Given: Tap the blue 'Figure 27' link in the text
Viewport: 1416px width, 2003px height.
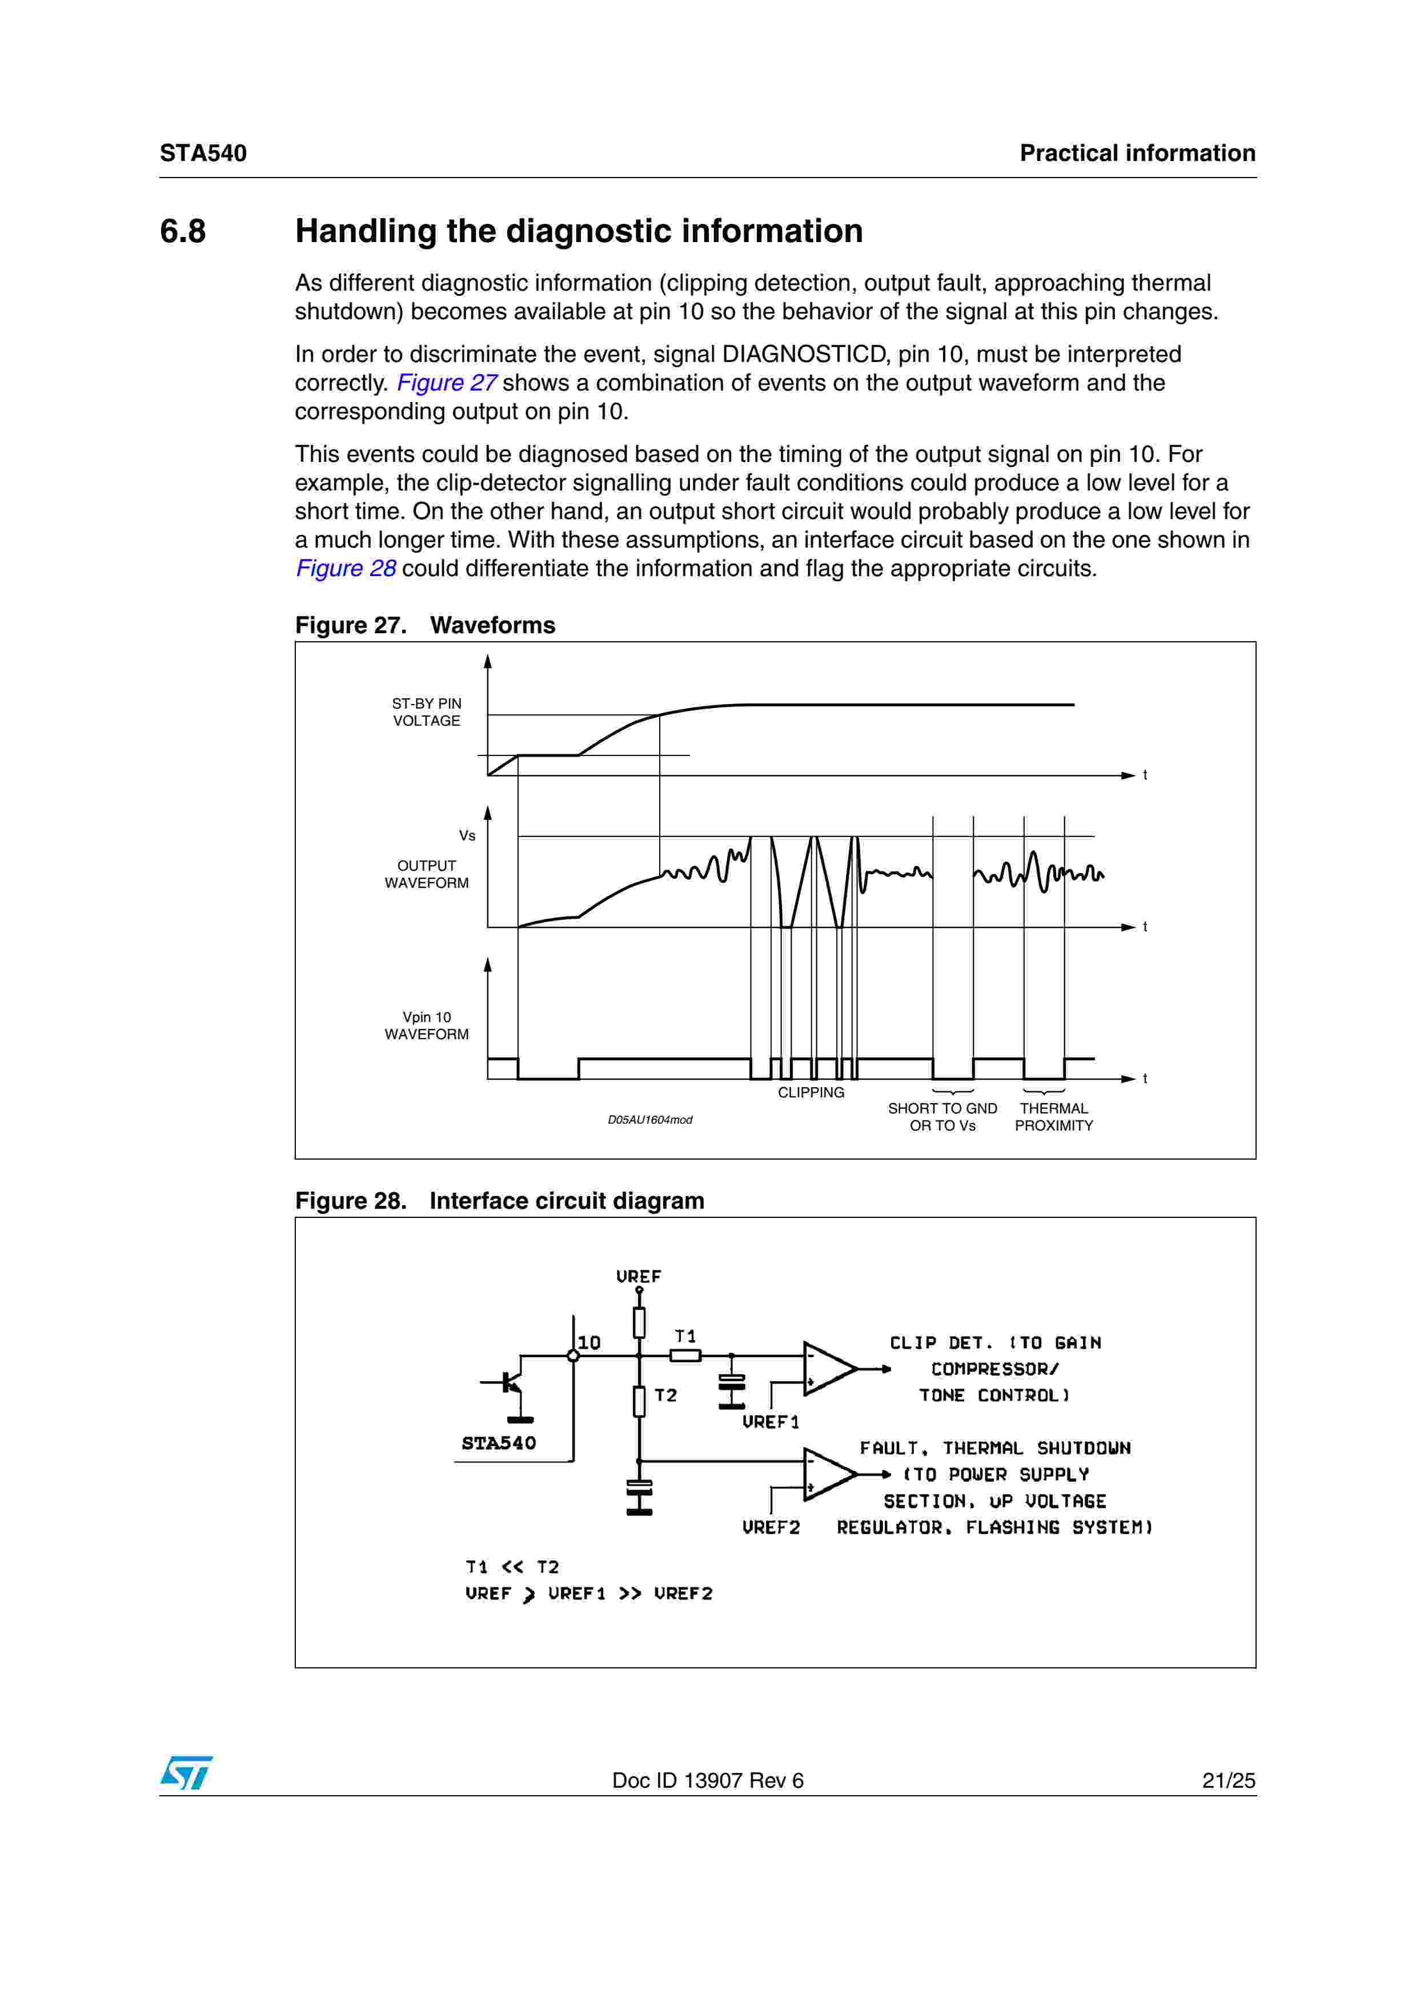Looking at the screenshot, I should pos(446,383).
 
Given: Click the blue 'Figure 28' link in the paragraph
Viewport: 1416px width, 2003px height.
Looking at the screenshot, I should pos(346,569).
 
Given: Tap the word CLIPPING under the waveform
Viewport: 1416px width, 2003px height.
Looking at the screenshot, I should pos(811,1092).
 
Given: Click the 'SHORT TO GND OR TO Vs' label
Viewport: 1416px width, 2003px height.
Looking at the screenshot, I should pos(942,1117).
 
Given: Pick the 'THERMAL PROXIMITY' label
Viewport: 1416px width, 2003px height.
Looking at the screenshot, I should pos(1053,1117).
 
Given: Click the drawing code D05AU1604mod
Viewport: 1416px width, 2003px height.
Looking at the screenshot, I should pos(650,1120).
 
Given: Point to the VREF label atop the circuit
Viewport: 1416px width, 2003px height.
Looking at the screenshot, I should pos(639,1276).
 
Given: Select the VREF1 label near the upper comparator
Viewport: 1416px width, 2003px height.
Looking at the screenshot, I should pos(771,1422).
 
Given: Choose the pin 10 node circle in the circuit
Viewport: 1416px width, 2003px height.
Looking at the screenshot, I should pos(573,1356).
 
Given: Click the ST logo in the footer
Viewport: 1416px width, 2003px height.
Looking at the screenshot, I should pos(186,1773).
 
